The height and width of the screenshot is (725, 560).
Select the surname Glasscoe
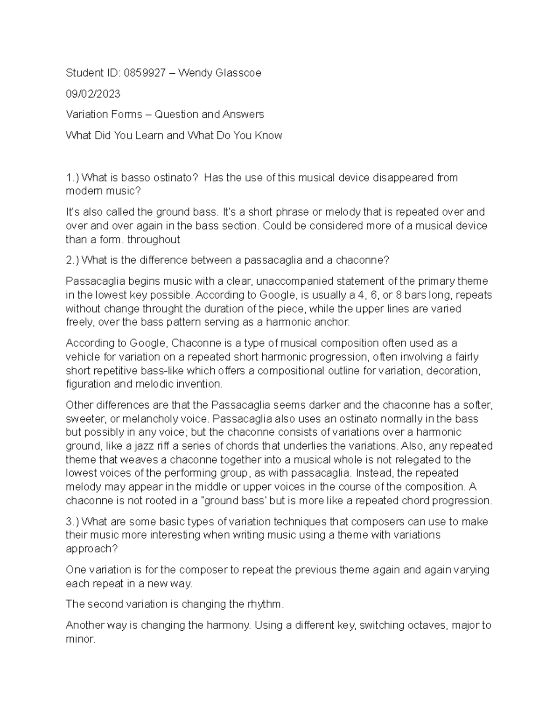(x=237, y=73)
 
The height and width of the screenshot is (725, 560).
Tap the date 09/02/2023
(x=93, y=94)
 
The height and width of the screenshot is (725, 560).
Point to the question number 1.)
(x=73, y=177)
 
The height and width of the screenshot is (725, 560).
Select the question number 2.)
(x=73, y=260)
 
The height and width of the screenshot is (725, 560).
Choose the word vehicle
(x=83, y=357)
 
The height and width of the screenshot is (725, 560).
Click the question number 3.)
(x=73, y=521)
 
